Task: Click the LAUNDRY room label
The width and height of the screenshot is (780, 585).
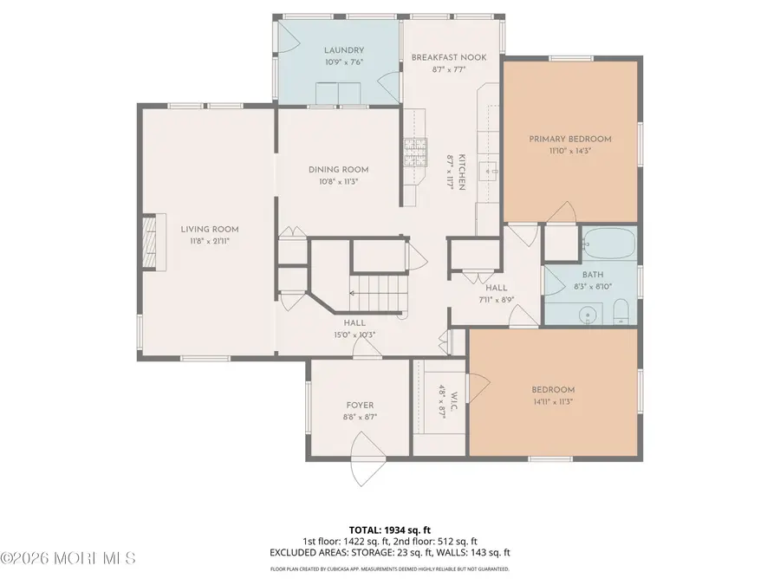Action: [344, 50]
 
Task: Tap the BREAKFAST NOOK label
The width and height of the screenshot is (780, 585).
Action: [448, 57]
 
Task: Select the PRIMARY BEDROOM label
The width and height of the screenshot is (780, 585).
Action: [570, 139]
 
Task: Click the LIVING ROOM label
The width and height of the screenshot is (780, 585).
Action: [209, 229]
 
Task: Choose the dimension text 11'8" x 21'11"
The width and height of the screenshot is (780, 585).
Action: [209, 241]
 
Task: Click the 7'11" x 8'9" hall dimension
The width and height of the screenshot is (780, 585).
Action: [496, 299]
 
